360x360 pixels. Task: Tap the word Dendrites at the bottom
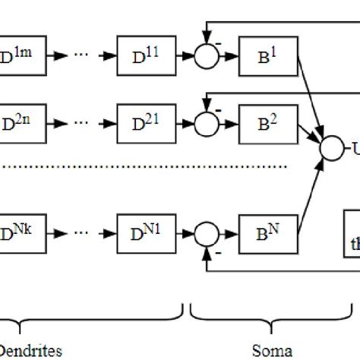30,350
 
